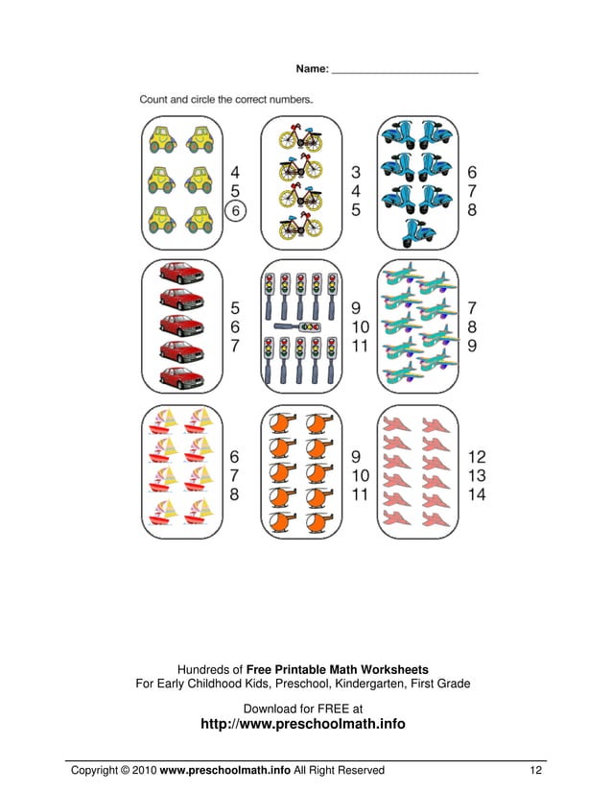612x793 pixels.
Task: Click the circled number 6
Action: point(236,210)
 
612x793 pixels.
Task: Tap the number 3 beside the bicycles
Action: point(355,173)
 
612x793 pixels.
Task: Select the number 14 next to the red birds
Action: point(477,494)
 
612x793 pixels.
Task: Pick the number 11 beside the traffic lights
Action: point(360,346)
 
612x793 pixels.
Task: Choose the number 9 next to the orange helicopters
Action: point(356,456)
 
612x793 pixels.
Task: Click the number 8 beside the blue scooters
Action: point(472,210)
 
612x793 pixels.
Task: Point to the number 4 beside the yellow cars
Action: point(235,173)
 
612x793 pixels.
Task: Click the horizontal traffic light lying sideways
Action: point(302,327)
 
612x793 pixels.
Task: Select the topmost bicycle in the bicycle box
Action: point(300,138)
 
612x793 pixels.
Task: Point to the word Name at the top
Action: point(311,69)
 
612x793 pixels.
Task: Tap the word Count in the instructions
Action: point(155,99)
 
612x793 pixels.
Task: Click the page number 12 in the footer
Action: point(536,770)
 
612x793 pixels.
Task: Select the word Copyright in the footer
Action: point(95,770)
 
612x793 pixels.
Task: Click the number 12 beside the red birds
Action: point(477,456)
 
